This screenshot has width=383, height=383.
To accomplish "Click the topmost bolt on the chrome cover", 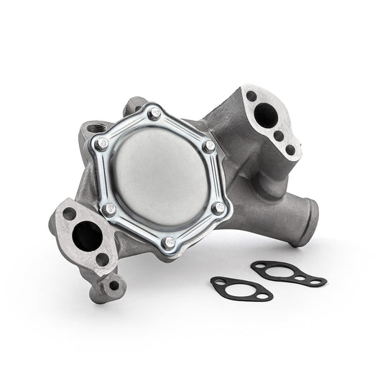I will (154, 113).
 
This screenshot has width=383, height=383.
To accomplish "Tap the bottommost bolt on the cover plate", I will (169, 242).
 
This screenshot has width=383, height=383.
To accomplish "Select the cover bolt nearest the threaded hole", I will (101, 143).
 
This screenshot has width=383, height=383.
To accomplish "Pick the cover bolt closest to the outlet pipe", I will (218, 208).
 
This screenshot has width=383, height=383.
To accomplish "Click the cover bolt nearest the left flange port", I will (109, 209).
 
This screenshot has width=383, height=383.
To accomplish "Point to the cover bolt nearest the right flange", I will (209, 146).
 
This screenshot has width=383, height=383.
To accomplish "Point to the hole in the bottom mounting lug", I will (114, 285).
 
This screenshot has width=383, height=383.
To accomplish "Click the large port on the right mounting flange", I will (267, 115).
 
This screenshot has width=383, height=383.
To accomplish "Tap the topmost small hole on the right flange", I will (252, 96).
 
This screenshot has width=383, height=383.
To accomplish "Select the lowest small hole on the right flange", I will (290, 150).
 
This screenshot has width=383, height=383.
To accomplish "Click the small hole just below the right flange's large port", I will (278, 135).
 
